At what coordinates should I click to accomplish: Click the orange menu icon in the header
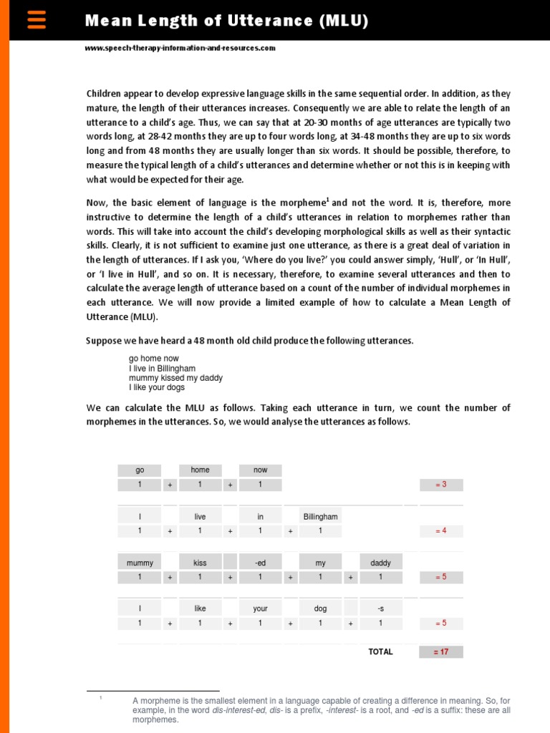(x=37, y=20)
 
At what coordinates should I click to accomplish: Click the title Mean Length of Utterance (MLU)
(x=226, y=21)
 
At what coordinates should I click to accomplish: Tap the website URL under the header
(x=180, y=48)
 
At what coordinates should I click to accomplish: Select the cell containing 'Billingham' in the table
(x=320, y=516)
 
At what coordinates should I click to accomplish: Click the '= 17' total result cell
(x=441, y=652)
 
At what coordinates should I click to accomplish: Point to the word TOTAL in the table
(x=380, y=652)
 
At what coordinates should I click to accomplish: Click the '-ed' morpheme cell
(x=260, y=563)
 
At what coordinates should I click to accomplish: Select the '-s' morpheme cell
(x=380, y=608)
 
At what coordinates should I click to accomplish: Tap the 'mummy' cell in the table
(x=140, y=563)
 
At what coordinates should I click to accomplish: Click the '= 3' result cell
(x=441, y=485)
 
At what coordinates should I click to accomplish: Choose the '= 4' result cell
(x=441, y=531)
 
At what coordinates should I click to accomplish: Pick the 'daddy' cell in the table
(x=380, y=563)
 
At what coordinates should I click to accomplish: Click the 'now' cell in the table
(x=260, y=470)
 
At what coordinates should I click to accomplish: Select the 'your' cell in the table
(x=260, y=608)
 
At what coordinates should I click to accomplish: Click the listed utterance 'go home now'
(x=153, y=359)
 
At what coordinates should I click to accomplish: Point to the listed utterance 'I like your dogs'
(x=157, y=387)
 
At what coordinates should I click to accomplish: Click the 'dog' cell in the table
(x=320, y=608)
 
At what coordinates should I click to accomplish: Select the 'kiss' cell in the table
(x=200, y=563)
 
